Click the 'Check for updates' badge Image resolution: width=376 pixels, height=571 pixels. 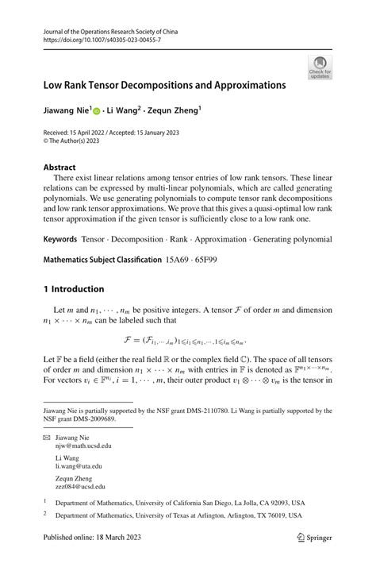pos(321,67)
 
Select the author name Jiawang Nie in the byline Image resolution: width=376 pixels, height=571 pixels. pos(66,112)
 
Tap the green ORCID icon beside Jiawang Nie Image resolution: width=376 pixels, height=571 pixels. pos(98,113)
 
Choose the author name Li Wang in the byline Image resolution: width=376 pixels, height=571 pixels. pos(126,112)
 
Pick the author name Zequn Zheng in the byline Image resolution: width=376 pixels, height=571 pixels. pos(176,112)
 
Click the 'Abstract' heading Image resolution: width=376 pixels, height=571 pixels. pos(60,168)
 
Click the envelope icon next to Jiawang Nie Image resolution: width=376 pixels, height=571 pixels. pos(47,438)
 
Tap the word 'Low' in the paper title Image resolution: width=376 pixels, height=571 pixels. pos(53,83)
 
